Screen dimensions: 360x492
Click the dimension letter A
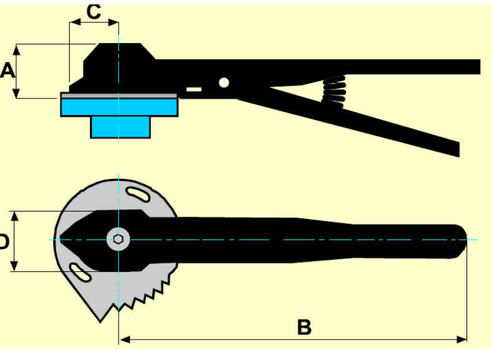click(7, 70)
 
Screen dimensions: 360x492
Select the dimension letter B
click(304, 326)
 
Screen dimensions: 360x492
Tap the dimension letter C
click(94, 11)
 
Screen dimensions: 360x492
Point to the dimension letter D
click(3, 241)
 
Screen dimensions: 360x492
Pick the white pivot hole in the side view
click(224, 82)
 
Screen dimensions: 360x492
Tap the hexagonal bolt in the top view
click(118, 238)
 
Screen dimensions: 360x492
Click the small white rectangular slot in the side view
click(194, 90)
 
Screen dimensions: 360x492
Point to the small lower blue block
click(121, 127)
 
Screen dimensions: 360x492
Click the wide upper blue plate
click(118, 107)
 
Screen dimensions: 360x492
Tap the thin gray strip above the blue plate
click(118, 95)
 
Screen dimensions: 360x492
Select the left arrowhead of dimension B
click(123, 339)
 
